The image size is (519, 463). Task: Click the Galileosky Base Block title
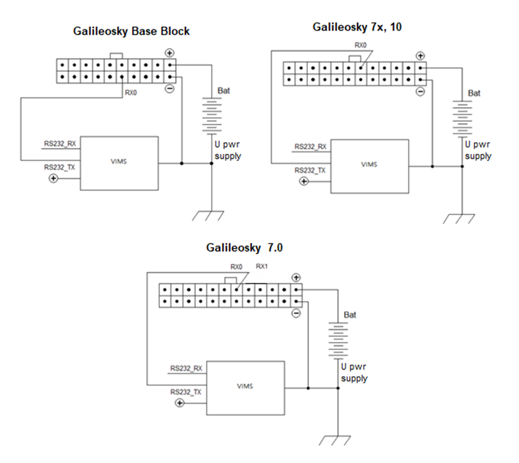(131, 31)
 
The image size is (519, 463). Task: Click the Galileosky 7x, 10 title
(356, 27)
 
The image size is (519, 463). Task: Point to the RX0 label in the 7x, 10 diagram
(361, 45)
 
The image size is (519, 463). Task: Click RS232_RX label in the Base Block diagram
(60, 143)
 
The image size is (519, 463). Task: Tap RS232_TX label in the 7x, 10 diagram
(310, 170)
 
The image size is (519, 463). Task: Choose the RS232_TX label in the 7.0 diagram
(185, 392)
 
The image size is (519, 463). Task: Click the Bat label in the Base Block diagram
(224, 90)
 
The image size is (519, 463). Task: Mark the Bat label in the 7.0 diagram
(350, 315)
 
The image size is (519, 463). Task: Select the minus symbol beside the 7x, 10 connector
(420, 92)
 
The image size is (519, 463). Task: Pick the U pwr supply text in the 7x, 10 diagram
(477, 150)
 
